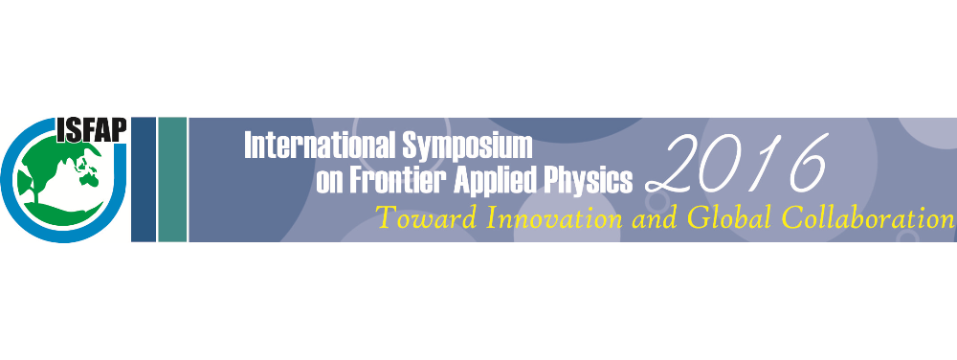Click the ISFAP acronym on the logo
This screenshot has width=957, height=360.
point(91,129)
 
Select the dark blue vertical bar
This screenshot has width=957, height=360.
point(144,179)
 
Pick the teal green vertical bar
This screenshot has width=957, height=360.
point(172,179)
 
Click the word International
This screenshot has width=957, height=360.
point(320,146)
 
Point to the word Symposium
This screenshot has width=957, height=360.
point(468,147)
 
